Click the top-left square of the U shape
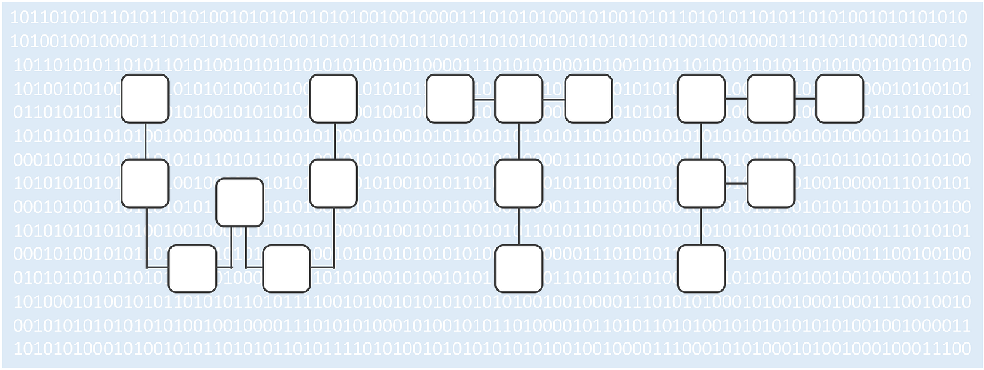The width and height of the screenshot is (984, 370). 145,99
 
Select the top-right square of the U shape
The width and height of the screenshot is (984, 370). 333,99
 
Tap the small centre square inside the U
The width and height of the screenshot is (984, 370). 240,203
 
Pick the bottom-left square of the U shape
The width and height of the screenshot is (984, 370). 192,268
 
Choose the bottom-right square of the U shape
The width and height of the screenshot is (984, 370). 287,268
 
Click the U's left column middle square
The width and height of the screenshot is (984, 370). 145,183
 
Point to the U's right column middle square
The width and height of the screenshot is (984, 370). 333,183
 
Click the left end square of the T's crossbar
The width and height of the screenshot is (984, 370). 450,99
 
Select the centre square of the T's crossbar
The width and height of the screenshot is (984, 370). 519,99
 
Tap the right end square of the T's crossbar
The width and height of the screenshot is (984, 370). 589,99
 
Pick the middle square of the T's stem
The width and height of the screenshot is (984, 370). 519,183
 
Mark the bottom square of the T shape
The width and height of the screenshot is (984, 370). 519,268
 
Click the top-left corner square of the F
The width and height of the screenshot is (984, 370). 702,99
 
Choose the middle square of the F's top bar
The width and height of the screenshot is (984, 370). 771,99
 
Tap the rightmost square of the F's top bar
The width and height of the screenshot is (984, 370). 840,99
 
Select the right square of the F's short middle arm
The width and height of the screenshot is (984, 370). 771,183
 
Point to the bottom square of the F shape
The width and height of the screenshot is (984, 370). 702,268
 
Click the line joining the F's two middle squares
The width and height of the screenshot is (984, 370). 736,183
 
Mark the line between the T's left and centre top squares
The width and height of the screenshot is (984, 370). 485,99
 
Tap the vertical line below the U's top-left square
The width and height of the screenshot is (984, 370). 145,141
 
